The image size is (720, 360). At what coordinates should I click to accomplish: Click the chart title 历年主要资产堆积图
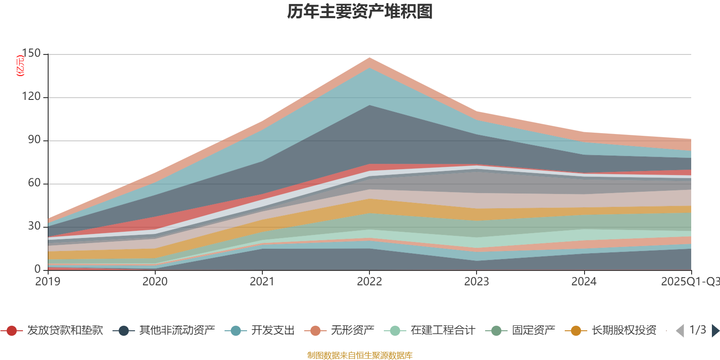point(360,12)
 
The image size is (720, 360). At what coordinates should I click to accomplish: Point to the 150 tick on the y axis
point(31,54)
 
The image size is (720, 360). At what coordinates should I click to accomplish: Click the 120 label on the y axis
point(31,97)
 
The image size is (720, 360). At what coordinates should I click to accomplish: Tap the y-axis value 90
point(34,140)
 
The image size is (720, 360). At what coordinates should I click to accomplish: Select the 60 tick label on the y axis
point(34,183)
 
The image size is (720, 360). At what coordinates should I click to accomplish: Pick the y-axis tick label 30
point(34,226)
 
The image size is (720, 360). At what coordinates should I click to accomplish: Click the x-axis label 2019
point(48,282)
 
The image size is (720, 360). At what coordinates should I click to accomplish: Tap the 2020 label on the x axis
point(155,282)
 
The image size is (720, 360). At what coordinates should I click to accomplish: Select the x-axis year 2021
point(262,282)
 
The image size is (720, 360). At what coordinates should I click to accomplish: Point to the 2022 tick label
point(369,282)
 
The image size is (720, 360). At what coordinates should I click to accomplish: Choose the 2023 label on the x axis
point(476,282)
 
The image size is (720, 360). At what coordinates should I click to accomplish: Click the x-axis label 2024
point(584,282)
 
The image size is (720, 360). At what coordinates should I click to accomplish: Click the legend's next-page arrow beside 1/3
point(715,331)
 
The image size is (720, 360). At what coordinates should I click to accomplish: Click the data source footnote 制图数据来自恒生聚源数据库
point(360,355)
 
